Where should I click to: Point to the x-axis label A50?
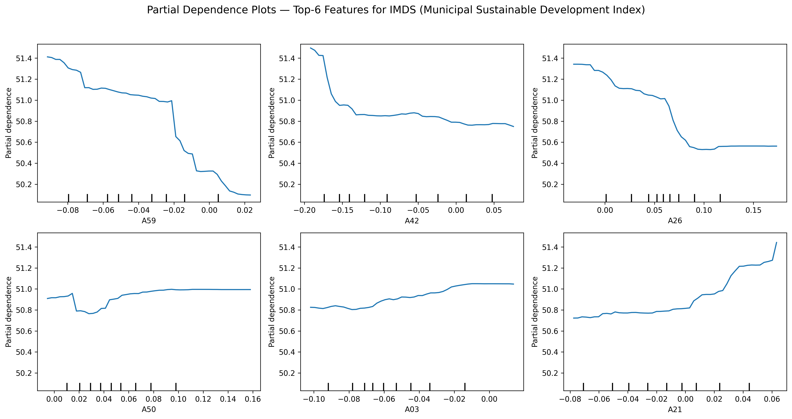pos(149,409)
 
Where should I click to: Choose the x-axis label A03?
pos(412,409)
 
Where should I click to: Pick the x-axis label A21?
pos(675,409)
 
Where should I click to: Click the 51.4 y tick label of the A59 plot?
pos(24,58)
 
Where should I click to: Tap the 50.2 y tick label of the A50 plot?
pos(24,373)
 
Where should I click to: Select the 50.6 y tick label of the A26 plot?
pos(550,142)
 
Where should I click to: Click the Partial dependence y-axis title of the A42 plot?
pos(272,123)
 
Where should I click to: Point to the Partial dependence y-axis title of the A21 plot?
pos(535,312)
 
